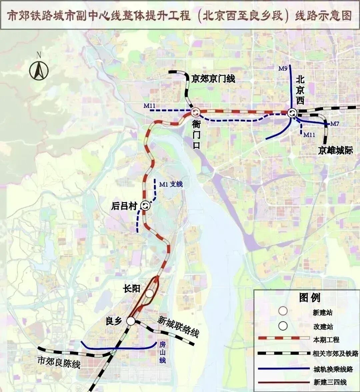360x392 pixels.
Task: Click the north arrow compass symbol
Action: tap(39, 70)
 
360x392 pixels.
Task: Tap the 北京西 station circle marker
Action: tap(292, 113)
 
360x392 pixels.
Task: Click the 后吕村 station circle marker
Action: tap(145, 206)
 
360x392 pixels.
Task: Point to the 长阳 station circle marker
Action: tap(149, 293)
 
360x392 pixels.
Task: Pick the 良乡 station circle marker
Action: tap(131, 321)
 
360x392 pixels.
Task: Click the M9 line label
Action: tap(283, 69)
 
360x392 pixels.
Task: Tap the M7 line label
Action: tap(335, 124)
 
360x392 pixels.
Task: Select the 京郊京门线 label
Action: tap(213, 79)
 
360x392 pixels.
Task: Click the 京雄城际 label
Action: tap(335, 151)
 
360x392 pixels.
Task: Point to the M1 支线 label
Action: tap(171, 184)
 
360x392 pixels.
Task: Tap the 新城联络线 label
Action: tap(178, 326)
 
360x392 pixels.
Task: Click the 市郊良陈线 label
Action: tap(59, 362)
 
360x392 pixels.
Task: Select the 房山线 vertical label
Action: tap(162, 352)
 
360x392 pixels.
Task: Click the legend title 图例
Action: tap(310, 297)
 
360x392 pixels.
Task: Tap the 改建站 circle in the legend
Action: tap(283, 326)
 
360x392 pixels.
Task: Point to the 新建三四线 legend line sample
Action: tap(284, 382)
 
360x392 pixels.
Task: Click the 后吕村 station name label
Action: tap(124, 206)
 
